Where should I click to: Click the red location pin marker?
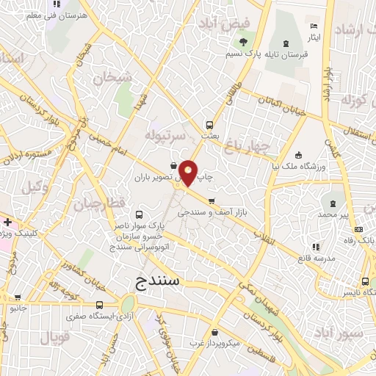coord(189,173)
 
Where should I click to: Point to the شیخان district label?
coord(115,76)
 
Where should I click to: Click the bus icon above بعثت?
coord(209,124)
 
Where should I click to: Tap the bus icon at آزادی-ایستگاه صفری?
coord(99,305)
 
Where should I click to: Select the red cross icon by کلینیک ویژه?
coord(7,222)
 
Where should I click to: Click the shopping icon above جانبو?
coord(18,297)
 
